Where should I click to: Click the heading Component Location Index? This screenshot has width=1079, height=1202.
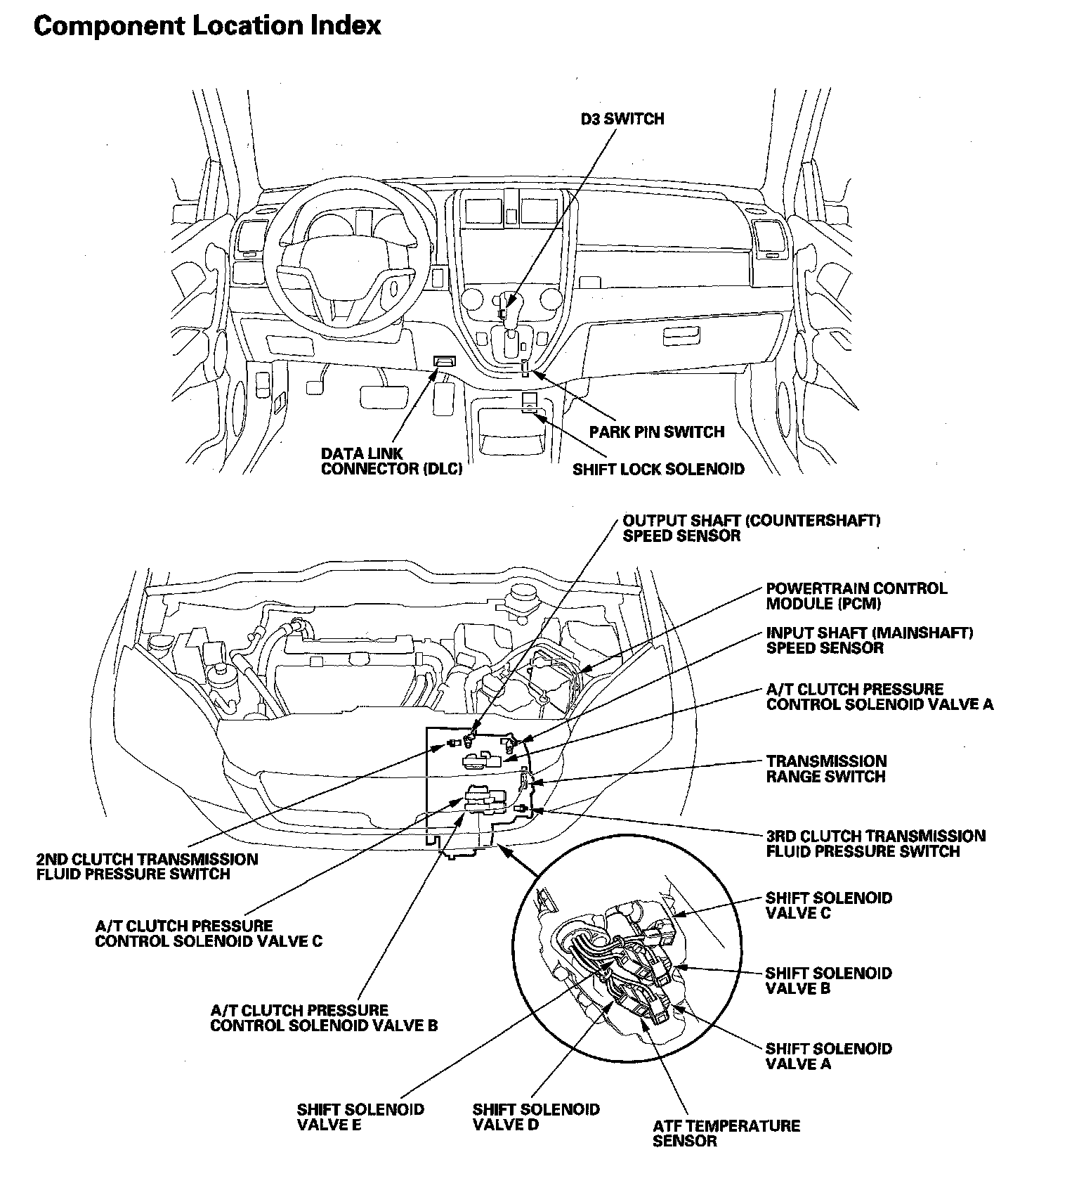207,26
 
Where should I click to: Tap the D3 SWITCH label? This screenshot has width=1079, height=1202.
622,119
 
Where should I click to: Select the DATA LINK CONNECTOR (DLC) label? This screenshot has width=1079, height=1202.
391,461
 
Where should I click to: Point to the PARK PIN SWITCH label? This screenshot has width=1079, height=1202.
656,431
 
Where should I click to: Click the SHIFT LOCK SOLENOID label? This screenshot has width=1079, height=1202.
658,468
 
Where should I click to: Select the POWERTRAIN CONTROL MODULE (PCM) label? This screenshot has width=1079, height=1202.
856,595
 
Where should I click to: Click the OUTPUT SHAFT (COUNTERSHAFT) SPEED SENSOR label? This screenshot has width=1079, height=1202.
752,528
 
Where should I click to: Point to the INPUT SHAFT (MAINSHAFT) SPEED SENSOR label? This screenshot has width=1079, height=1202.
870,640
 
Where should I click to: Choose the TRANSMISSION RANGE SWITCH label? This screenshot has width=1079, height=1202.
826,769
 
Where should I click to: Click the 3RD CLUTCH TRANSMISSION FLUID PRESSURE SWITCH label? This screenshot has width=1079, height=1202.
875,844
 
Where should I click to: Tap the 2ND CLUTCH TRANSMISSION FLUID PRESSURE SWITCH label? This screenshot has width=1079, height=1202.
147,867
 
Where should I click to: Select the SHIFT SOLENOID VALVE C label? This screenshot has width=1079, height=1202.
828,905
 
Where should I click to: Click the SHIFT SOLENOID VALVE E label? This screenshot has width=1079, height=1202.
360,1117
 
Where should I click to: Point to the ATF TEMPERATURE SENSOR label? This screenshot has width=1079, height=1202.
726,1133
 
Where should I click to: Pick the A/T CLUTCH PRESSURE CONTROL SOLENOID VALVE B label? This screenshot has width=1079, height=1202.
324,1018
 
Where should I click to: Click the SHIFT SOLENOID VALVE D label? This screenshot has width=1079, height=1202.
536,1117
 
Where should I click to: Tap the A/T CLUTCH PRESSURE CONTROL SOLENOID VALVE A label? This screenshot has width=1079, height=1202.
879,697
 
